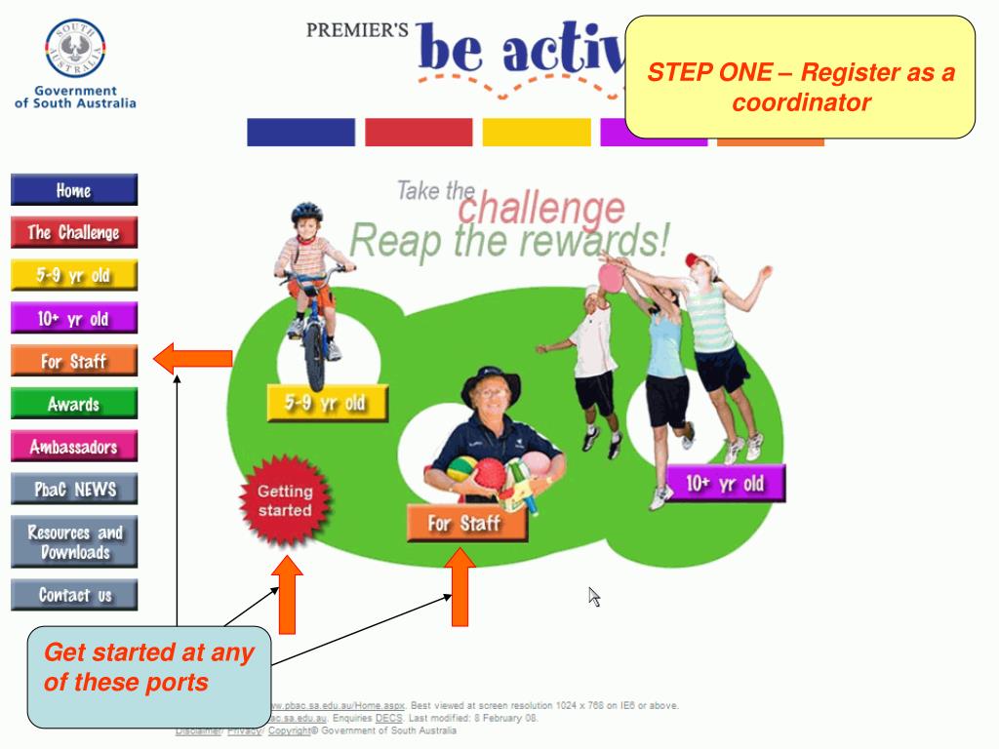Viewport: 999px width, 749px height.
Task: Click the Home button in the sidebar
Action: [74, 189]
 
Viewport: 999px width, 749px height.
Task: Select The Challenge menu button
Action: [74, 232]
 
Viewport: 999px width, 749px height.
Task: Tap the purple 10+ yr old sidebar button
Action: [74, 318]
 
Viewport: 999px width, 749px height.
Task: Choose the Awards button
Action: [74, 403]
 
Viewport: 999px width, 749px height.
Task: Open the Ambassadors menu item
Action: [74, 447]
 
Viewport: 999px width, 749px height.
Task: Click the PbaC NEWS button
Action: [74, 489]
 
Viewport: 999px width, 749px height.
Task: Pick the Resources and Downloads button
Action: [74, 542]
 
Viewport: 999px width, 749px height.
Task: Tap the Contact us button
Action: [74, 594]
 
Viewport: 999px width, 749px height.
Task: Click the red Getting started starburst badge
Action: [285, 501]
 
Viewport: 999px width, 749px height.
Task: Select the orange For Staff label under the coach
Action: [466, 524]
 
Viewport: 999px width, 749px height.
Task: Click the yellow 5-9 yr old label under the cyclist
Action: [327, 402]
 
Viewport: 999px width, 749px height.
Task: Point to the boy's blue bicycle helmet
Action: [306, 212]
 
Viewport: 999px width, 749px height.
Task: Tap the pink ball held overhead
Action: [611, 278]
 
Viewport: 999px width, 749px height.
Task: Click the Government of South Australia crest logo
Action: [75, 51]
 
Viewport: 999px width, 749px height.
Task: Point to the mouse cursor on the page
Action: [593, 596]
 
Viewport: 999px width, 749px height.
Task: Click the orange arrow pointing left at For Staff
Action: [192, 359]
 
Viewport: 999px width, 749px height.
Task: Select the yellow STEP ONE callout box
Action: [800, 76]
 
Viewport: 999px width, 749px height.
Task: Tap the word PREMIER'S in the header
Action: [357, 29]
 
